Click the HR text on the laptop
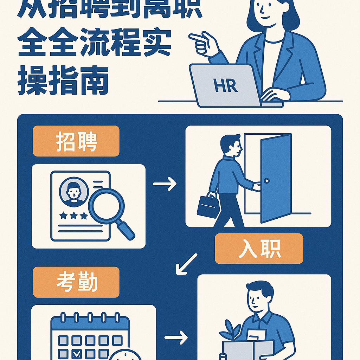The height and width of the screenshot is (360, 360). click(x=225, y=86)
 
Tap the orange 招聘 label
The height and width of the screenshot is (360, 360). click(x=76, y=141)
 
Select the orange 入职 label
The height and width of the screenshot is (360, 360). click(x=259, y=249)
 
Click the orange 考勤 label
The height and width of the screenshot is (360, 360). click(x=76, y=282)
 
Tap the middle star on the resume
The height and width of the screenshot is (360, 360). click(x=73, y=216)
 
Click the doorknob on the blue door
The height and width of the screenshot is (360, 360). click(x=266, y=181)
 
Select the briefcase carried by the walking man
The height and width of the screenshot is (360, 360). click(x=208, y=206)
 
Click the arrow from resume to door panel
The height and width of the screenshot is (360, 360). click(x=165, y=184)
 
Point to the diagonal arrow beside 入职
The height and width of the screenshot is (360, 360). click(x=186, y=264)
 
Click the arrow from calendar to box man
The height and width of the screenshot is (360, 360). click(x=176, y=338)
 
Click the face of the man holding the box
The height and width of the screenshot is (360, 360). click(x=258, y=299)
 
